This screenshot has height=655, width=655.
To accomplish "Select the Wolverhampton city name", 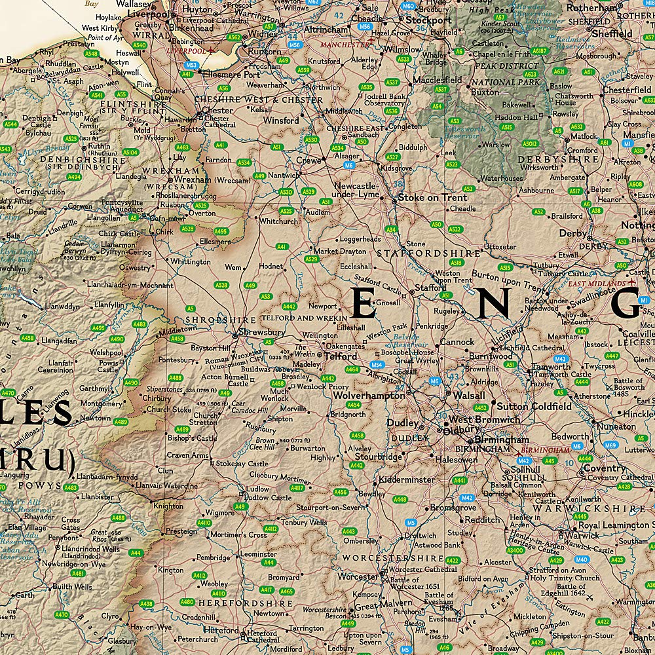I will (369, 396).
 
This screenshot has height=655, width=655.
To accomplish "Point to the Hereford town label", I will (221, 630).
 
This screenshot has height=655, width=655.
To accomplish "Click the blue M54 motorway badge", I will (377, 364).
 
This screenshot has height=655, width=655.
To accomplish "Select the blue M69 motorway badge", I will (610, 445).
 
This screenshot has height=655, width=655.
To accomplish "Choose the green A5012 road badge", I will (529, 143).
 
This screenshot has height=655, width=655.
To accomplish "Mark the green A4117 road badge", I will (297, 488).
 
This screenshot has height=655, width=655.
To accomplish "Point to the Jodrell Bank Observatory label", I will (384, 99).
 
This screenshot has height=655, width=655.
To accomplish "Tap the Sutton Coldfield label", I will (533, 406).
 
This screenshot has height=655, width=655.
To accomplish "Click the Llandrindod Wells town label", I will (91, 531).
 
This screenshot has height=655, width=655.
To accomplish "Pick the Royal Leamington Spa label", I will (612, 525).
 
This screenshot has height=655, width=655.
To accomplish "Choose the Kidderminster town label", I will (406, 479).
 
